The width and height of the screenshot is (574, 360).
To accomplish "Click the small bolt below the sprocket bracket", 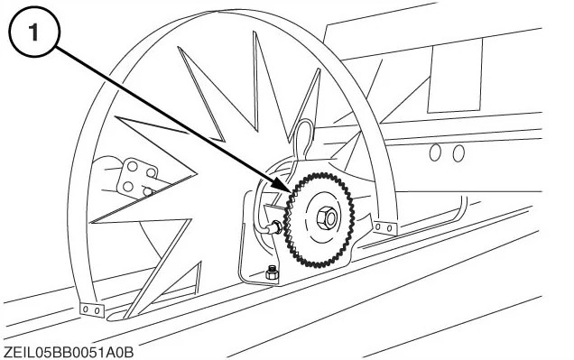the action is click(272, 272).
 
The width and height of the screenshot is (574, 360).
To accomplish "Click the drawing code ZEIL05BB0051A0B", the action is click(69, 350).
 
